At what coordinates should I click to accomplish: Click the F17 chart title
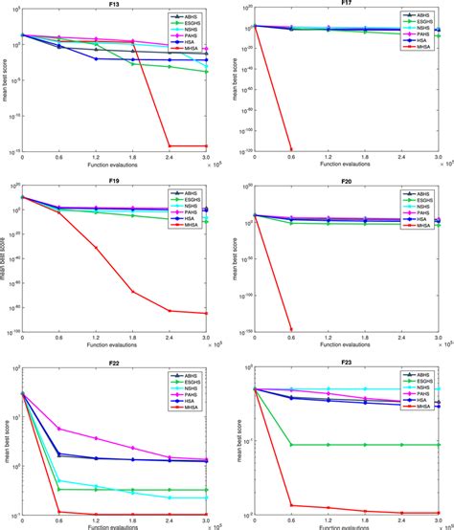click(x=344, y=5)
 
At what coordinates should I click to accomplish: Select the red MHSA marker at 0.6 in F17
click(x=290, y=148)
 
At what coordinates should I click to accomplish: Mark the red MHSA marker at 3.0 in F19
click(x=208, y=313)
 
